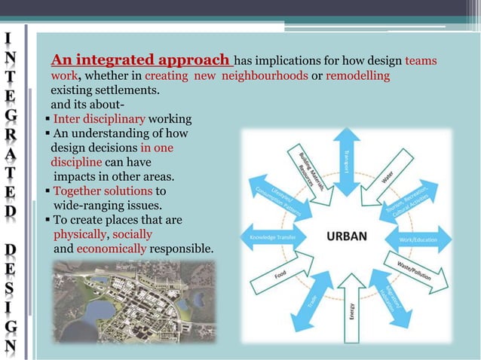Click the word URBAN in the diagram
(346, 236)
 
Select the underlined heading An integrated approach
(141, 60)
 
